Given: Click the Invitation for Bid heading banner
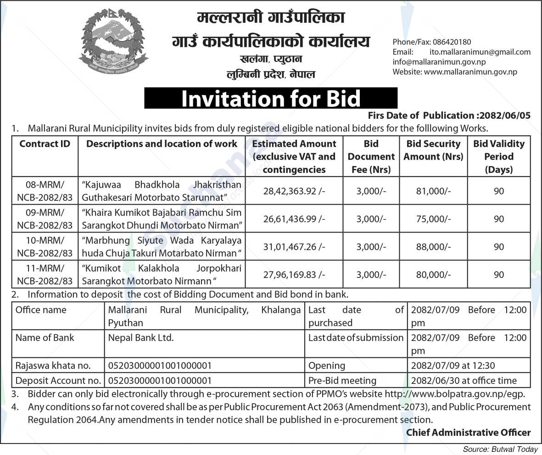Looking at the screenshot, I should [x=271, y=99].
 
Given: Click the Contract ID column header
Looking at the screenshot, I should [x=45, y=144].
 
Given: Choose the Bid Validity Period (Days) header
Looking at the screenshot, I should [x=499, y=156].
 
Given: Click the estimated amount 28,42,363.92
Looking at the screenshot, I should [x=294, y=191].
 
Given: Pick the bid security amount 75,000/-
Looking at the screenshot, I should [x=433, y=219].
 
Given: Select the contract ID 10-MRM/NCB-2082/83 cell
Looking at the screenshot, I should [x=45, y=246].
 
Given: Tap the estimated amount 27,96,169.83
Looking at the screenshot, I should [x=294, y=274].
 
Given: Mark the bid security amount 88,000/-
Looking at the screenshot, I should [x=433, y=246].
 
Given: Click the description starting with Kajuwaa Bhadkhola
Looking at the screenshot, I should [x=162, y=191].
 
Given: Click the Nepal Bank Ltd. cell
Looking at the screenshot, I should [x=141, y=338].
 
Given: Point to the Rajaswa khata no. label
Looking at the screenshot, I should [x=53, y=366].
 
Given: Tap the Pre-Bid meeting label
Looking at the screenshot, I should [x=342, y=380].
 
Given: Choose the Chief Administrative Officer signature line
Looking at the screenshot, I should [x=468, y=432].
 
